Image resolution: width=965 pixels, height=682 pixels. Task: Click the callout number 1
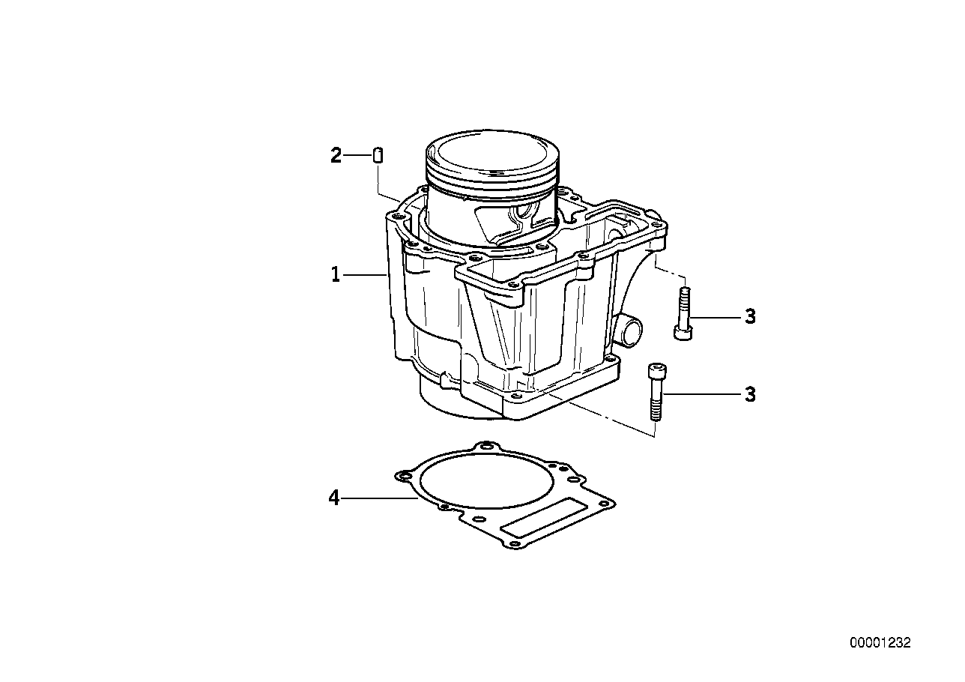click(336, 274)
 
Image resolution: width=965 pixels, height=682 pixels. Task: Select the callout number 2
click(336, 155)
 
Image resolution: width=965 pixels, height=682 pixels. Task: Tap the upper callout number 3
click(750, 317)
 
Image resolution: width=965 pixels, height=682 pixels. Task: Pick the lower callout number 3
click(750, 394)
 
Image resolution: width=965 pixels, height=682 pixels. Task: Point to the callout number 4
click(334, 498)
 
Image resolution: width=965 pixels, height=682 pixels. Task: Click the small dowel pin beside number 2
click(378, 155)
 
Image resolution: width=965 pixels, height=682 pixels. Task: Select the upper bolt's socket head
click(683, 333)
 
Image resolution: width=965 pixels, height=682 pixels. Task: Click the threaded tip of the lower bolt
click(656, 414)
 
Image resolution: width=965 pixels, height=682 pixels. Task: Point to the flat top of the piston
click(492, 154)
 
